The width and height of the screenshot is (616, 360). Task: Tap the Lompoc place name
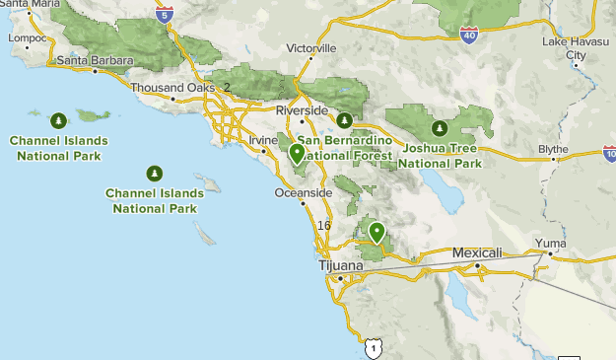coord(27,38)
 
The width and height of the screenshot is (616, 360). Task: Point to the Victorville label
coord(310,47)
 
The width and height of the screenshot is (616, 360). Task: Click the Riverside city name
coord(301,109)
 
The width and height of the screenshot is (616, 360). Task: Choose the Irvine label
coord(264,140)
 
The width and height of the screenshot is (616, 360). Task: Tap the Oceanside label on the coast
coord(303,192)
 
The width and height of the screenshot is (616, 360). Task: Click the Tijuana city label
coord(341,266)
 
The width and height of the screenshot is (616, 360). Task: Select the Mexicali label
coord(477,253)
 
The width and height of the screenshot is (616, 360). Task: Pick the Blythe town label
coord(553,149)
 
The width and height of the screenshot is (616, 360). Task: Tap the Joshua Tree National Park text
coord(440,156)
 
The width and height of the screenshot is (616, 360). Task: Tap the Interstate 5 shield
coord(167,14)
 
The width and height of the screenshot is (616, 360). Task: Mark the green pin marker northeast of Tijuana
coord(376,233)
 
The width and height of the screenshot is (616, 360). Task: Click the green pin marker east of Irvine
coord(297,153)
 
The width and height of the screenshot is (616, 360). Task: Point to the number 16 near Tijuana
coord(324,226)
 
